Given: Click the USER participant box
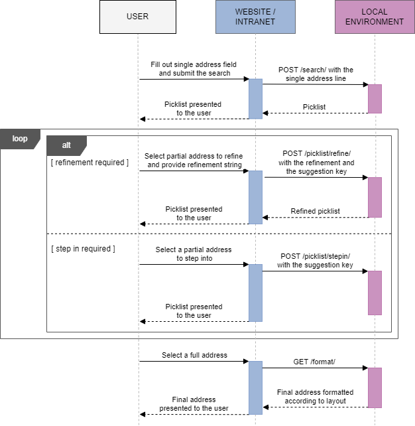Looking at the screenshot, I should point(138,17).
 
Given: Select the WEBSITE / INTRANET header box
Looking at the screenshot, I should point(255,17).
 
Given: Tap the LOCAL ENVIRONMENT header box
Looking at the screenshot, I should point(374,17).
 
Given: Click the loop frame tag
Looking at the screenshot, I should point(20,139).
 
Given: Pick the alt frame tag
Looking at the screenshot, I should point(66,145).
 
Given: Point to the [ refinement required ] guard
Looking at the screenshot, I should point(89,163).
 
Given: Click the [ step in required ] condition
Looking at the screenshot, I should point(83,249).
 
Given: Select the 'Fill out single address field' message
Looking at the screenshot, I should point(194,69).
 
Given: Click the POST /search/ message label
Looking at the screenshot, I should point(316,74).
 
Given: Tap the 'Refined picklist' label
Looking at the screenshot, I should point(316,211).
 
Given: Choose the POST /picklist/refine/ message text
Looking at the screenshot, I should point(316,163).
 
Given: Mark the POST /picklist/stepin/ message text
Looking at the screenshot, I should point(315,261).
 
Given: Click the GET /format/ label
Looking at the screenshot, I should point(315,362).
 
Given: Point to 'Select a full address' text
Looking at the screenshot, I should point(194,356).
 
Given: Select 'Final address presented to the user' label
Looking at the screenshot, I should point(194,404).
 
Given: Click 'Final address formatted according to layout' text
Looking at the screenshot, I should point(315,397).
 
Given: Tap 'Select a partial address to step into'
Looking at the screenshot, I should point(194,254).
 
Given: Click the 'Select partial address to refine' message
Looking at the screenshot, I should point(194,161).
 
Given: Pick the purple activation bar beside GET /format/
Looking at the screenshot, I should point(375,388).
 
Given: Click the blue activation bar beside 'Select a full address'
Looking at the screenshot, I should point(255,388).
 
